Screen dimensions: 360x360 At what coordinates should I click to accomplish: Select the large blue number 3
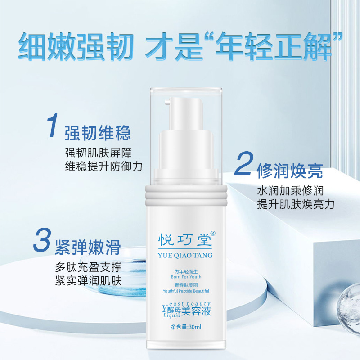pyautogui.click(x=42, y=242)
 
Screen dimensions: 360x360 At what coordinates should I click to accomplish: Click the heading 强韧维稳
pyautogui.click(x=98, y=133)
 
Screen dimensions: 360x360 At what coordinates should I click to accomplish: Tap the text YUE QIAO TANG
pyautogui.click(x=185, y=255)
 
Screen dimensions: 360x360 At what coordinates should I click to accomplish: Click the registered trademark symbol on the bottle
pyautogui.click(x=213, y=233)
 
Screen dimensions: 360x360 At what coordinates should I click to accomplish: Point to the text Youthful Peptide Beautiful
pyautogui.click(x=185, y=291)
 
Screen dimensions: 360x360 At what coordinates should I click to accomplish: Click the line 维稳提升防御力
pyautogui.click(x=103, y=166)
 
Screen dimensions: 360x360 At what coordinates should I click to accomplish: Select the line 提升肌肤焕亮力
pyautogui.click(x=295, y=204)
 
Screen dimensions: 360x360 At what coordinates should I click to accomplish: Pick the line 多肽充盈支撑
pyautogui.click(x=88, y=266)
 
